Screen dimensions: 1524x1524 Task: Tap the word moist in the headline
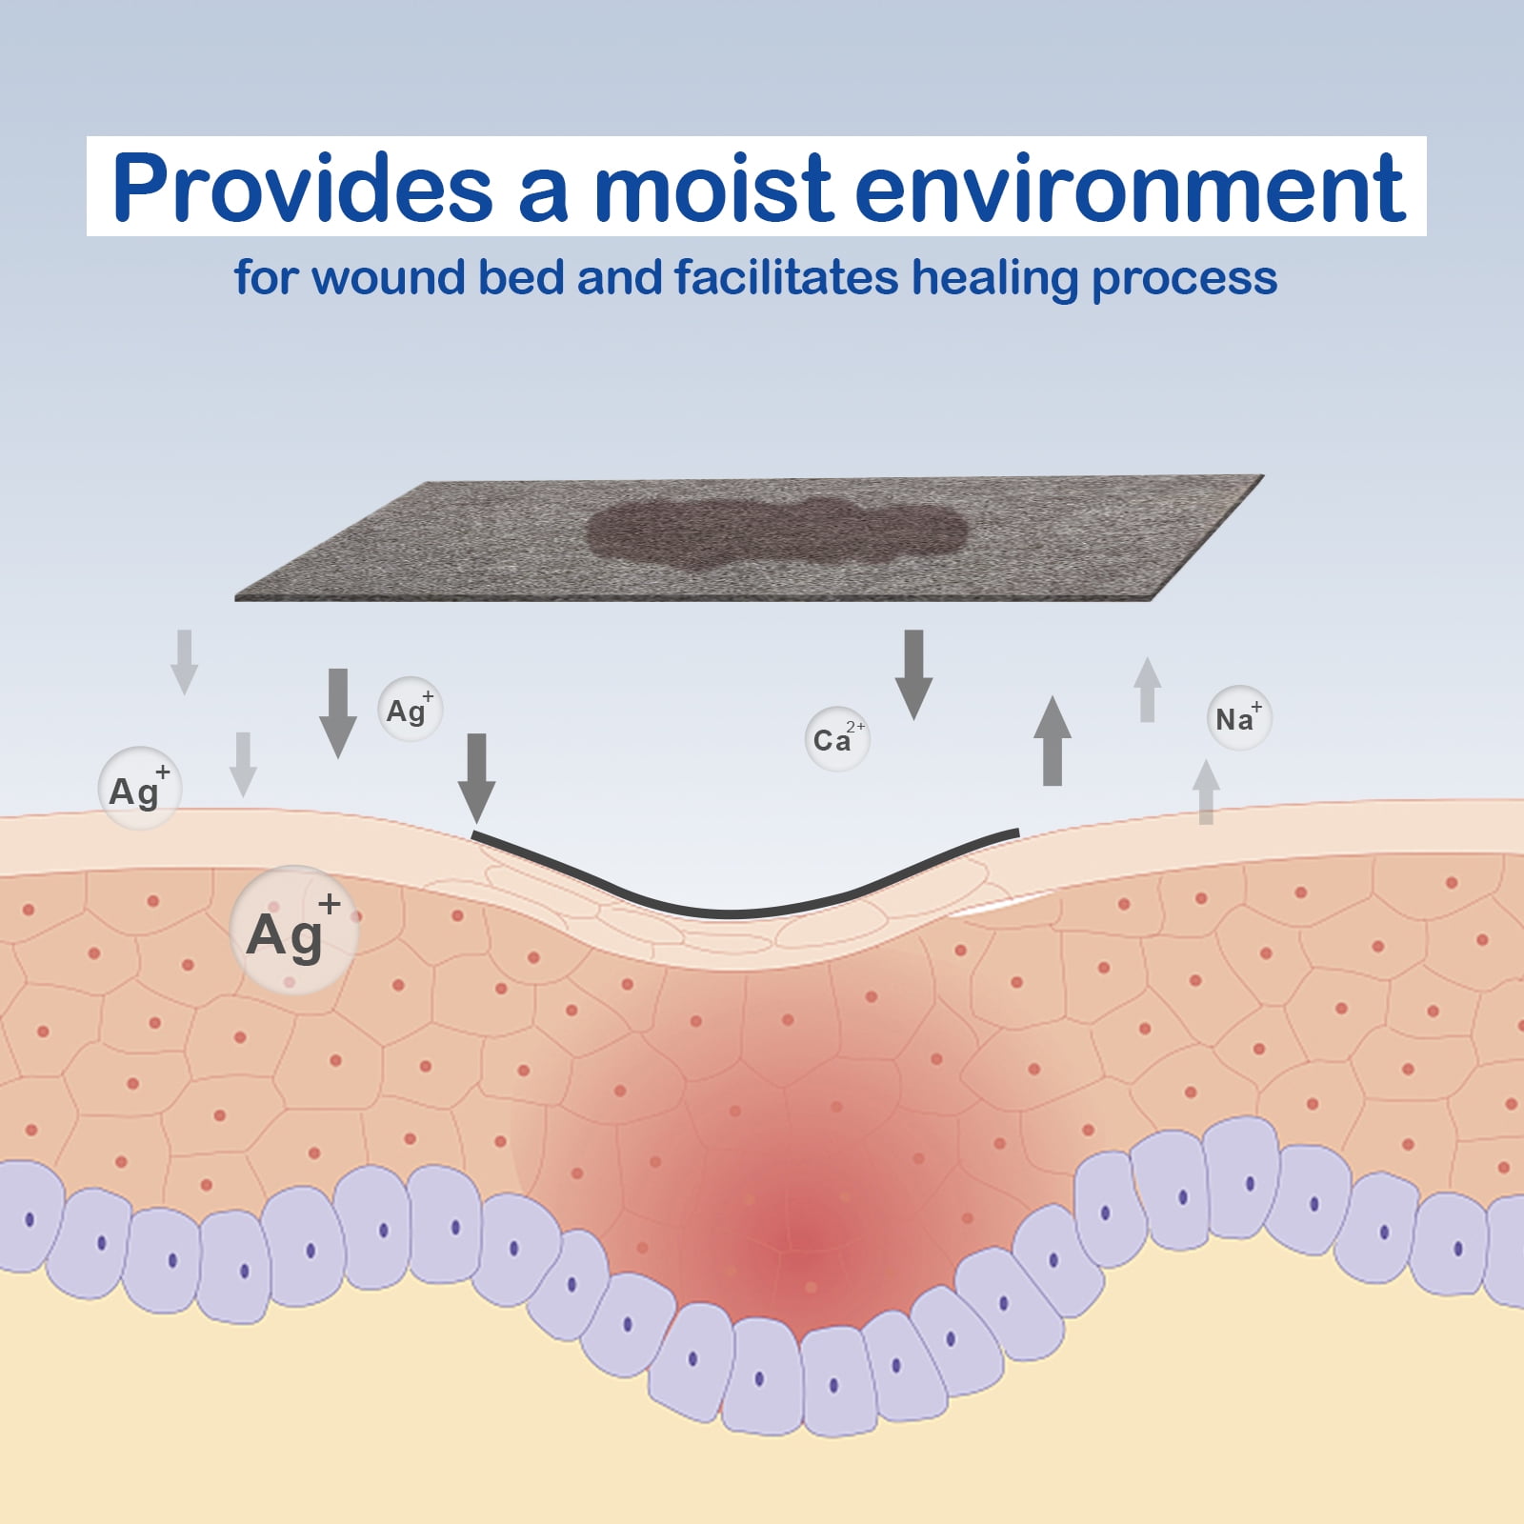click(714, 188)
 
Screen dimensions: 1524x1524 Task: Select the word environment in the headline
click(1130, 188)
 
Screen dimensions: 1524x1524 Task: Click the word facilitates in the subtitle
click(787, 278)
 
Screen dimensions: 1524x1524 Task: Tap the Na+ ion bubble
click(1238, 718)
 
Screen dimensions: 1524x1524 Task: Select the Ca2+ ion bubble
click(837, 739)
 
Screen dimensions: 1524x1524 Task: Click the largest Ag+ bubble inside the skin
click(294, 931)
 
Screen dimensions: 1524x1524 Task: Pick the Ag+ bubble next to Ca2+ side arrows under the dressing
click(410, 710)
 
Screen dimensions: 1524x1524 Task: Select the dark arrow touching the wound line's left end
click(477, 776)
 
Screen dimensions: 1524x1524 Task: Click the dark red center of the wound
click(810, 1233)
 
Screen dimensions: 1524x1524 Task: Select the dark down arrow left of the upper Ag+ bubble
click(337, 712)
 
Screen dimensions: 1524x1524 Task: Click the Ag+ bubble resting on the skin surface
click(139, 789)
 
